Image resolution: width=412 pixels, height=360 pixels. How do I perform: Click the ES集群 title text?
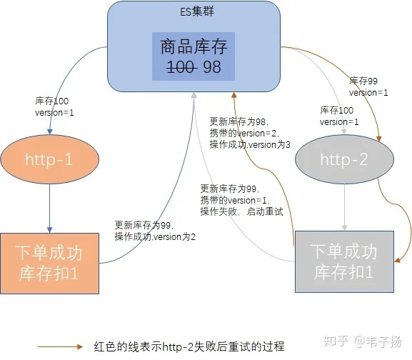click(x=197, y=11)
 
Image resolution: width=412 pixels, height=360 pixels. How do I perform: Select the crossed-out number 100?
click(x=182, y=67)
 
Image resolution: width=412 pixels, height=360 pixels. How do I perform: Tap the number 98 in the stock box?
click(x=212, y=67)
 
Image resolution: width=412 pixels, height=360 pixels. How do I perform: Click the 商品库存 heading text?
click(x=194, y=46)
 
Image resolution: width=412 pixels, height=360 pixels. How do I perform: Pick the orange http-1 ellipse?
click(x=50, y=159)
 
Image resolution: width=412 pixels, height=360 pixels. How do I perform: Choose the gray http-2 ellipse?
click(x=344, y=159)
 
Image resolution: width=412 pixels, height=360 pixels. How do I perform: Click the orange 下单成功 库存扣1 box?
click(x=50, y=264)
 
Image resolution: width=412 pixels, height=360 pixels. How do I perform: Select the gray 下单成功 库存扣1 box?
click(x=344, y=261)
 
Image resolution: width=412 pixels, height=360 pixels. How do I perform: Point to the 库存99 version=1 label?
click(x=368, y=86)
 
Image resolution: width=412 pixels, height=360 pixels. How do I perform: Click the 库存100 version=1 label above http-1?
click(x=54, y=106)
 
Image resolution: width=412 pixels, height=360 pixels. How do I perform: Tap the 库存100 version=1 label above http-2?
click(x=339, y=116)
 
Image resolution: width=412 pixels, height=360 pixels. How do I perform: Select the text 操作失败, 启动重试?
click(x=242, y=211)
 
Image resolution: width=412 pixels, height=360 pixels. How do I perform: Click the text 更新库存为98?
click(x=238, y=121)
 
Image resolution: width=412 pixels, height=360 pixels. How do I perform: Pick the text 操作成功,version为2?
click(x=155, y=236)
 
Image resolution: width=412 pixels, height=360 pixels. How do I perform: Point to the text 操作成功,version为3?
click(x=250, y=144)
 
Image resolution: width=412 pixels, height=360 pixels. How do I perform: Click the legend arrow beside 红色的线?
click(x=60, y=347)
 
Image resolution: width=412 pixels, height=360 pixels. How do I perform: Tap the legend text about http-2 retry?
click(x=189, y=346)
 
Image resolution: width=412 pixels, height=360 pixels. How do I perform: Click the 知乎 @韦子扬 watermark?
click(x=363, y=341)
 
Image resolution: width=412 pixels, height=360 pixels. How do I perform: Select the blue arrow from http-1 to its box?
click(x=50, y=209)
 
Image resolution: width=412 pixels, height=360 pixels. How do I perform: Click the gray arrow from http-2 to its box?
click(x=344, y=207)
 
